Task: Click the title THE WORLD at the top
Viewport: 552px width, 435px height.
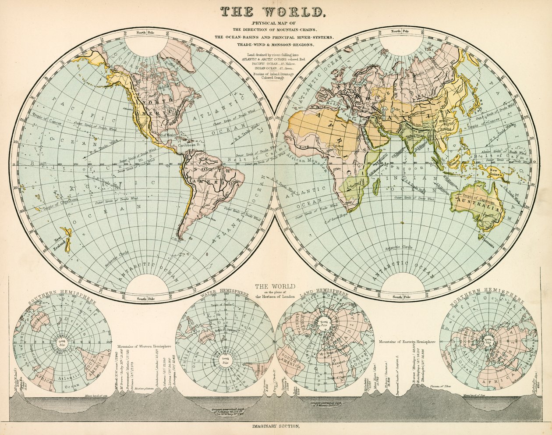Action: coord(272,12)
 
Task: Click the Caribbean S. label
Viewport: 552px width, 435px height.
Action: coord(188,144)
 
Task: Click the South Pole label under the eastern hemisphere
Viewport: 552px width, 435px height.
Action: coord(397,297)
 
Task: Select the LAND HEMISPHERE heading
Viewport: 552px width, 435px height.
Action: coord(324,293)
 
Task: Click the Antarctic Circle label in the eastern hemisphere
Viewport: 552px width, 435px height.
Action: coord(399,248)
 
